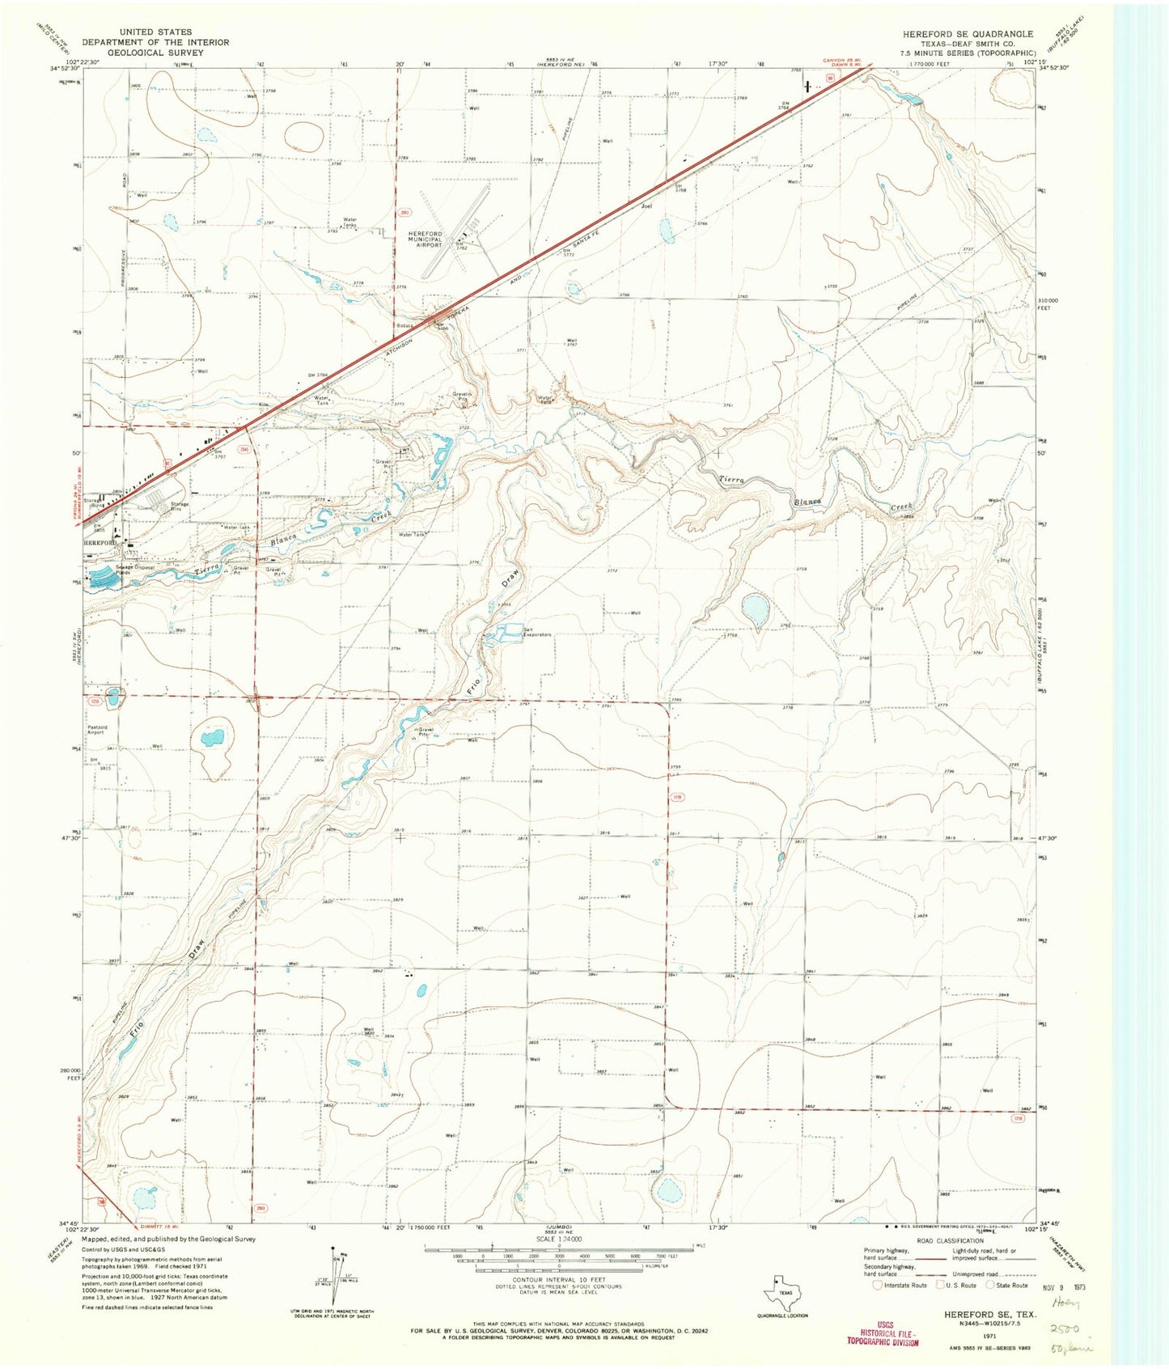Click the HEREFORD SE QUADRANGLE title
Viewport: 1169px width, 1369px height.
coord(968,34)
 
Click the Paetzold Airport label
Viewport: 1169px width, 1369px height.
coord(98,729)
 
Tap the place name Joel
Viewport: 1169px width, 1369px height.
coord(646,206)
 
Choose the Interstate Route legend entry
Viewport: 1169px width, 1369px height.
coord(900,1285)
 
